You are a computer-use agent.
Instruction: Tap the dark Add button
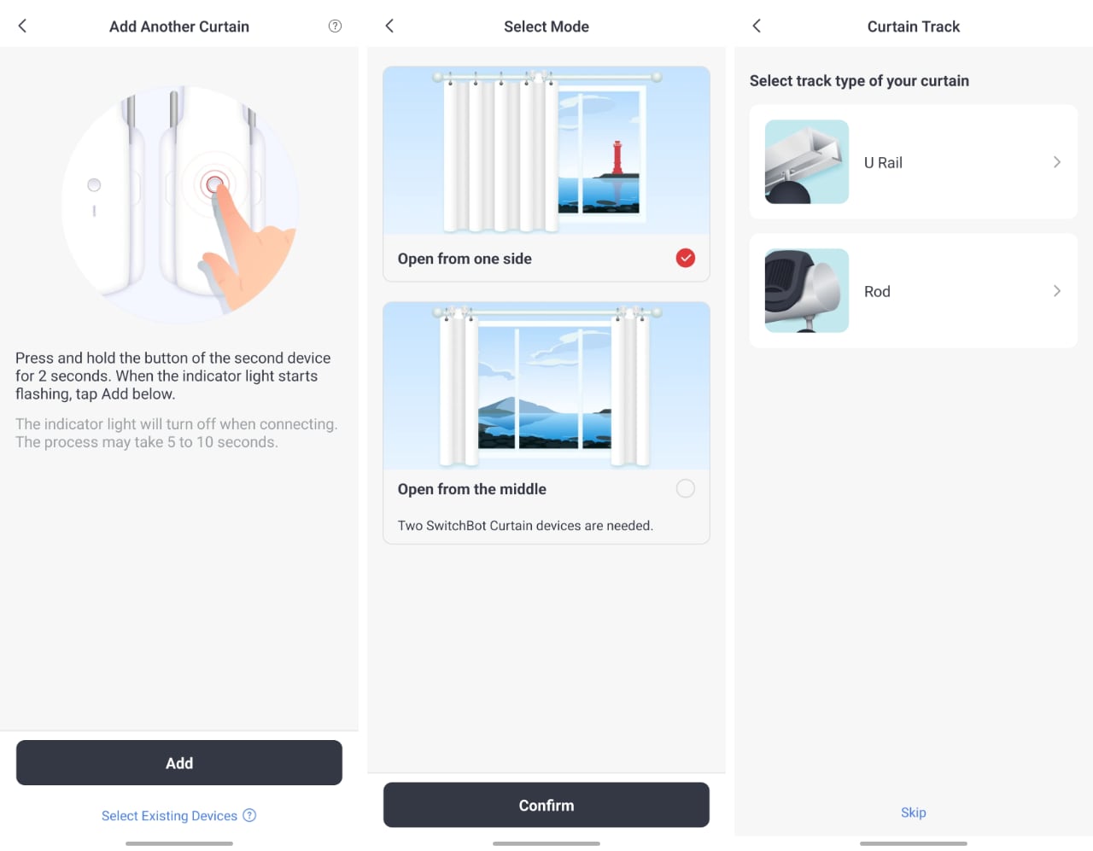pos(179,762)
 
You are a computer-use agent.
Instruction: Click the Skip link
pos(913,813)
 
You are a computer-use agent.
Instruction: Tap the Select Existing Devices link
pos(169,815)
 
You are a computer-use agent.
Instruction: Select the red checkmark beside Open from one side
pos(685,258)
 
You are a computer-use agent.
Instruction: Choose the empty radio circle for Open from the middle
pos(685,488)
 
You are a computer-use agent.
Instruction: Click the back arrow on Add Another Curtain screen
pos(22,26)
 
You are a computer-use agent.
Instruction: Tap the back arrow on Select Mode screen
pos(389,26)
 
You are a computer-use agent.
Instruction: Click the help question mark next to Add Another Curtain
pos(335,26)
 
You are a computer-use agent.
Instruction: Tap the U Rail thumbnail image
pos(806,162)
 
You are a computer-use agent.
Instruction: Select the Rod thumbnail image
pos(806,290)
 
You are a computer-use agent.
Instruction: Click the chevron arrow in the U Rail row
pos(1057,162)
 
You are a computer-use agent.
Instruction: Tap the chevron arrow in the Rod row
pos(1057,290)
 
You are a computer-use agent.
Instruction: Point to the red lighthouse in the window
pos(617,158)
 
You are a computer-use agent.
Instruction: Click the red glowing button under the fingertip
pos(214,184)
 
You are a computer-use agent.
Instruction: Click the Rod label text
pos(877,291)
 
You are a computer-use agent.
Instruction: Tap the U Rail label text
pos(883,162)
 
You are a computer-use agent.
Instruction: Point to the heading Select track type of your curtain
pos(859,80)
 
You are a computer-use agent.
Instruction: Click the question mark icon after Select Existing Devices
pos(249,815)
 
